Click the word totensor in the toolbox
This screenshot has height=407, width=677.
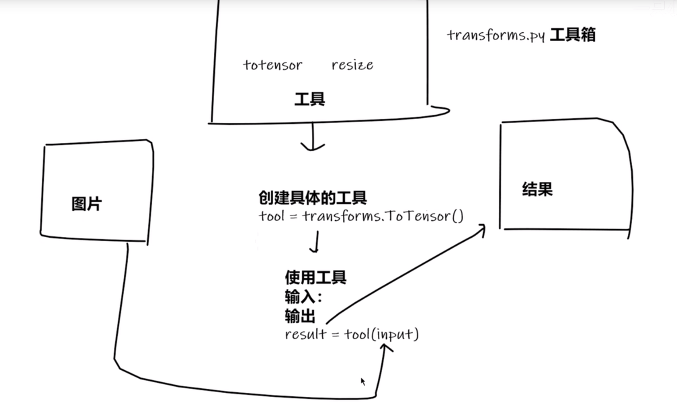(x=272, y=65)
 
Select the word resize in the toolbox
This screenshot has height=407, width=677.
(x=352, y=65)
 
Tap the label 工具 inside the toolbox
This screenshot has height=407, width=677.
(x=310, y=99)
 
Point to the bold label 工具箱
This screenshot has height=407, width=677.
(x=572, y=35)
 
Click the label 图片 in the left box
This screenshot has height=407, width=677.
(x=86, y=204)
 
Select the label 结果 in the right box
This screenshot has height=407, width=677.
(x=537, y=189)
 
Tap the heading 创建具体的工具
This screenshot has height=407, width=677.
(x=312, y=197)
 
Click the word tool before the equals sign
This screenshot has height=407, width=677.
(x=272, y=216)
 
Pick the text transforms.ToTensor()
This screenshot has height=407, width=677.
(x=383, y=216)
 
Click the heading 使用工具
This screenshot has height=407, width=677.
(x=315, y=278)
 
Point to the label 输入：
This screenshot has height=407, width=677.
(x=303, y=297)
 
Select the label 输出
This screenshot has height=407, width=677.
(x=300, y=316)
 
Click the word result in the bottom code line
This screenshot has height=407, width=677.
(x=306, y=334)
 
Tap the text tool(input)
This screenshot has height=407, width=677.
(x=381, y=334)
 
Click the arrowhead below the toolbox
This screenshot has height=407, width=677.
(x=312, y=146)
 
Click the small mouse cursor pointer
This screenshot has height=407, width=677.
(x=363, y=381)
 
